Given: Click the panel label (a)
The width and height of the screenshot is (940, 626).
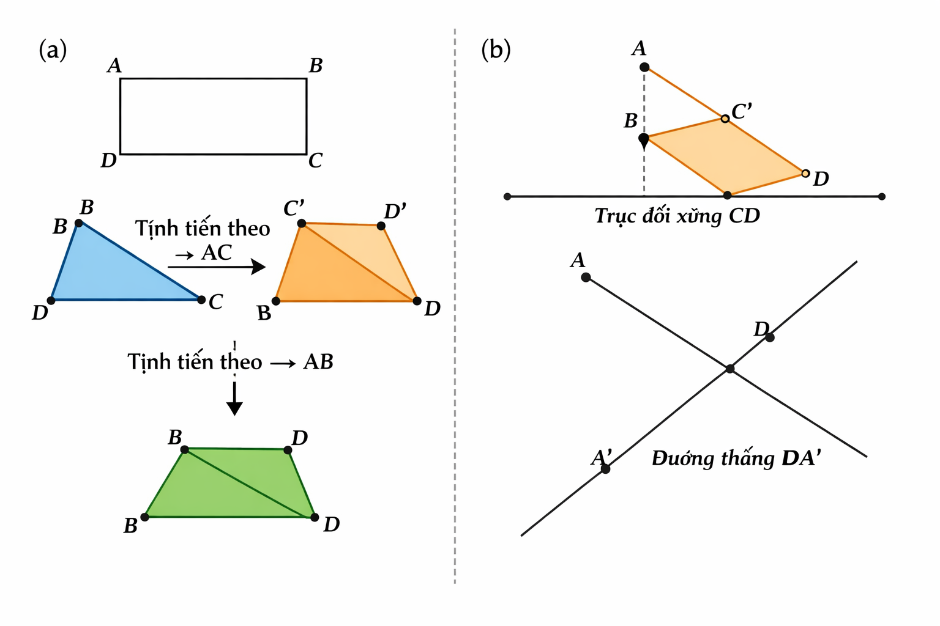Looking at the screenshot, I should (x=53, y=50).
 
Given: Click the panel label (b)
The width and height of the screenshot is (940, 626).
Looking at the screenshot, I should (x=496, y=50).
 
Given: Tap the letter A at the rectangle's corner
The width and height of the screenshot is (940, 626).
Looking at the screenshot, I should (x=114, y=65).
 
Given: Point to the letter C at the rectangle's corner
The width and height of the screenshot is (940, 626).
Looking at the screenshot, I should (x=315, y=160).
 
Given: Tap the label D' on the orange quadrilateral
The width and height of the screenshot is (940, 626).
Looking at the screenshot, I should (x=395, y=212).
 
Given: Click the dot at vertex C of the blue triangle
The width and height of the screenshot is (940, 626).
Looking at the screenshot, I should (x=201, y=300).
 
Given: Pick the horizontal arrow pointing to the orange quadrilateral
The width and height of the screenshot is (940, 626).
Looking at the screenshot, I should (x=217, y=267).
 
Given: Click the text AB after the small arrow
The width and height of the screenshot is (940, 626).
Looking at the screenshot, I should (x=318, y=362).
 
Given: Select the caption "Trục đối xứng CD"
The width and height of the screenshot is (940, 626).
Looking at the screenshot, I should (x=677, y=216).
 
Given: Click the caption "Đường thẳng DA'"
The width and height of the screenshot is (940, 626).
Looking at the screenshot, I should (x=736, y=458).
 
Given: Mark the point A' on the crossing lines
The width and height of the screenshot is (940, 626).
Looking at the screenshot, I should (x=605, y=469).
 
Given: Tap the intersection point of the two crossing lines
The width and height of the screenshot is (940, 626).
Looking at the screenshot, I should (x=729, y=369).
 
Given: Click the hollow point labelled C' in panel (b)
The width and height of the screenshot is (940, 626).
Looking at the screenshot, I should (x=725, y=119).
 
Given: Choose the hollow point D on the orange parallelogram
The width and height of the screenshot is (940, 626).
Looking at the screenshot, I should (x=805, y=174).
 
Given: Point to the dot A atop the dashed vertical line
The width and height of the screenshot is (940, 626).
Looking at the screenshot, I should (x=644, y=67).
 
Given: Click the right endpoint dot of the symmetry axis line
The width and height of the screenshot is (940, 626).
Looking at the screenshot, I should (x=881, y=197).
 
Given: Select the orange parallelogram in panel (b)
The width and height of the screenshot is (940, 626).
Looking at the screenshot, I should (x=725, y=156).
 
